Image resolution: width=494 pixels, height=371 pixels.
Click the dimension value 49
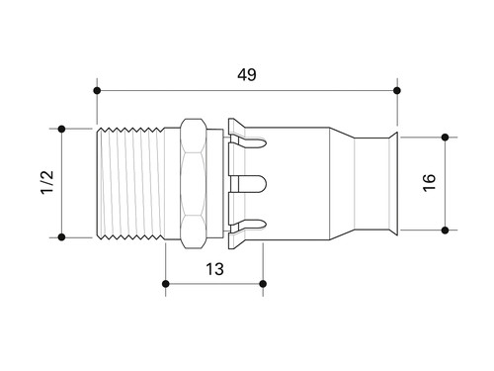pyautogui.click(x=247, y=74)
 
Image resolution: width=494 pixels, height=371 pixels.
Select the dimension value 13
pyautogui.click(x=214, y=269)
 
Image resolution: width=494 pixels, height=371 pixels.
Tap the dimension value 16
pyautogui.click(x=429, y=182)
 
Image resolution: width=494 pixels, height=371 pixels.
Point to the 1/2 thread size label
pyautogui.click(x=46, y=182)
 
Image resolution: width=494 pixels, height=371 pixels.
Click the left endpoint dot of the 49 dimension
pyautogui.click(x=97, y=90)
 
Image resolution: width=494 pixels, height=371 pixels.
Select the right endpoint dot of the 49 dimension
pyautogui.click(x=397, y=90)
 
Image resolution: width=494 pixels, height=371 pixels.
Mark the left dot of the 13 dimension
pyautogui.click(x=166, y=284)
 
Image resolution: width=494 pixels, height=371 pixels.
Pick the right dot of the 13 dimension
pyautogui.click(x=263, y=284)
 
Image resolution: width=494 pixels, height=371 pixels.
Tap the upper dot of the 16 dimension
pyautogui.click(x=445, y=138)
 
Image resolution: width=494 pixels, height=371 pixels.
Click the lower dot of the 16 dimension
pyautogui.click(x=445, y=230)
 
